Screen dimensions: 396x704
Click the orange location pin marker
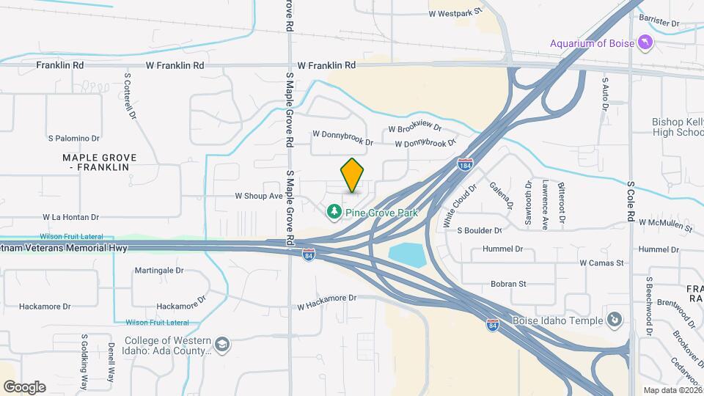pos(353,175)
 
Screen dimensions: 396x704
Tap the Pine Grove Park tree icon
pos(334,212)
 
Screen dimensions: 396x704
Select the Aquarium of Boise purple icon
pos(645,43)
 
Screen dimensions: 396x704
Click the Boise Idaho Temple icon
pos(615,320)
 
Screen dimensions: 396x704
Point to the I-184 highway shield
pos(464,164)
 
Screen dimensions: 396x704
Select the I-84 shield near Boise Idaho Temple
pos(492,325)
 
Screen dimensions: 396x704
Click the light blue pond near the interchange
pos(407,255)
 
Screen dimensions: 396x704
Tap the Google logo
pos(24,387)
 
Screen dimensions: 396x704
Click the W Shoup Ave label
pos(258,196)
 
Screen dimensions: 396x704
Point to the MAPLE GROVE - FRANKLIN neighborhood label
pos(95,162)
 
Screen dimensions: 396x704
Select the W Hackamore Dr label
pos(326,298)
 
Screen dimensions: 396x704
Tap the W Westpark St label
pos(455,12)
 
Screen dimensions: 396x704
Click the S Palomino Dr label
pos(73,138)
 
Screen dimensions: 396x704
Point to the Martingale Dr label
pos(158,270)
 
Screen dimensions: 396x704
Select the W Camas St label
pos(601,262)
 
